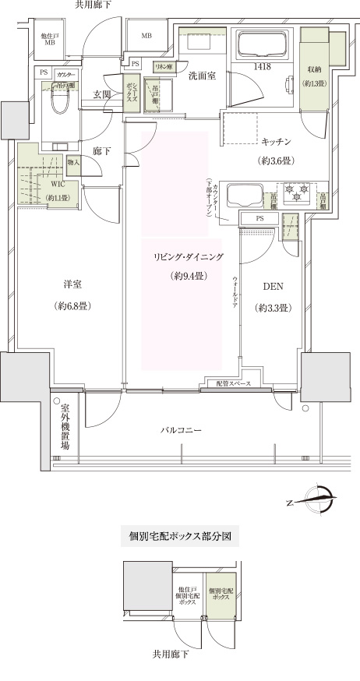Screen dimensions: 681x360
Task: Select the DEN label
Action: point(273,287)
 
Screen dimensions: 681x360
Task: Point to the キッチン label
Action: point(276,141)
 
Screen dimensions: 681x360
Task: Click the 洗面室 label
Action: point(201,76)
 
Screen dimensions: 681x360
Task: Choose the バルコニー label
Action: point(183,429)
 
